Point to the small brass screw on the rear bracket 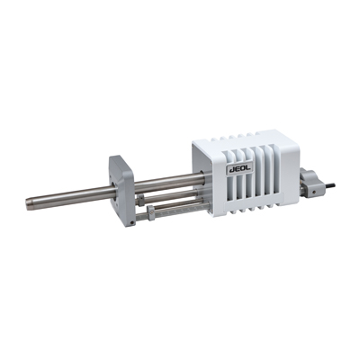point(313,190)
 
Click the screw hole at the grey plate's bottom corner point(132,222)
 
